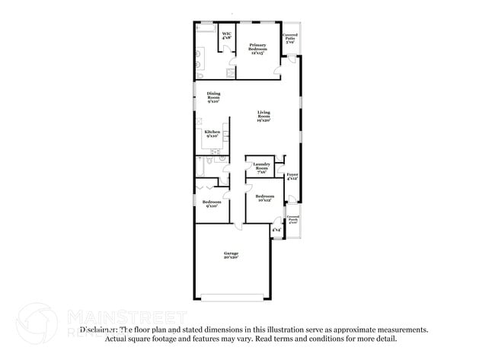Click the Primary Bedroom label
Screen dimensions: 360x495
point(257,49)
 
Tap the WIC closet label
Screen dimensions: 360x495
point(226,35)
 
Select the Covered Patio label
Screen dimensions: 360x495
point(290,39)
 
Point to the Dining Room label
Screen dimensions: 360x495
point(213,97)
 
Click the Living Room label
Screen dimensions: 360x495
point(263,116)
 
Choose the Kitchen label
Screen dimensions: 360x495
point(212,133)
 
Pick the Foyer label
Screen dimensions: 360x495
point(292,177)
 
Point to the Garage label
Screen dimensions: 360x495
point(232,255)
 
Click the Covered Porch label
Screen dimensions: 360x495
point(293,220)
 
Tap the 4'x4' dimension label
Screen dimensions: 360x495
point(276,229)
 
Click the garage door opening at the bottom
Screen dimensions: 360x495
point(232,295)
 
